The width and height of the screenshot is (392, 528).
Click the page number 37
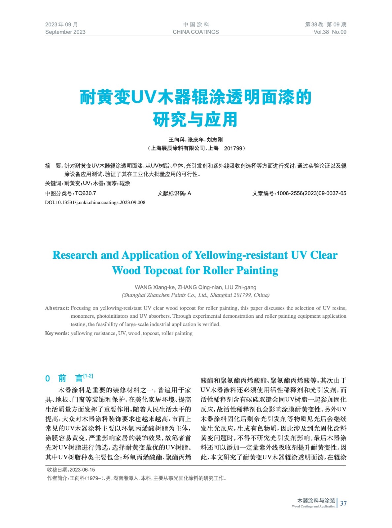point(343,503)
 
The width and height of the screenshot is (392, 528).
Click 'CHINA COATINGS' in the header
point(196,32)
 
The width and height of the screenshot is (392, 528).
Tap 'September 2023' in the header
point(65,32)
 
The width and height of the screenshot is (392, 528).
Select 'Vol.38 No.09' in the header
point(330,32)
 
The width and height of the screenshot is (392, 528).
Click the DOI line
point(95,202)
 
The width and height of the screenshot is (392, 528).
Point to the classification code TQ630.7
point(86,193)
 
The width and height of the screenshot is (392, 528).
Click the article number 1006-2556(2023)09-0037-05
point(311,193)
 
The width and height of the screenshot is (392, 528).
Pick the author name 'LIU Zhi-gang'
point(240,287)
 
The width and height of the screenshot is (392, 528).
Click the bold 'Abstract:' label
point(57,308)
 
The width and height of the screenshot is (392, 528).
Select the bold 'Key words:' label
point(57,333)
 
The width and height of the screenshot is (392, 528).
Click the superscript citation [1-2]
point(88,376)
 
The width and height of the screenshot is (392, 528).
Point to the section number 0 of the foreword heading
point(48,379)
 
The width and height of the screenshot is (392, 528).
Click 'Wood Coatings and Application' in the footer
point(313,507)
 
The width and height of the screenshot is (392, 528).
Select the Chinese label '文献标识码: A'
point(174,193)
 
